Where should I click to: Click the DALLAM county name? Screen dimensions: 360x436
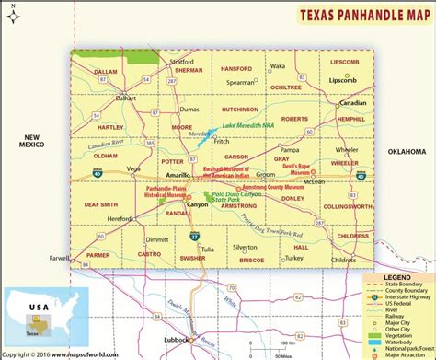tap(106, 71)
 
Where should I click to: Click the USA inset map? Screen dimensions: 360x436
tap(37, 312)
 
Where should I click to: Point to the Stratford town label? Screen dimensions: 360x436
tap(181, 63)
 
